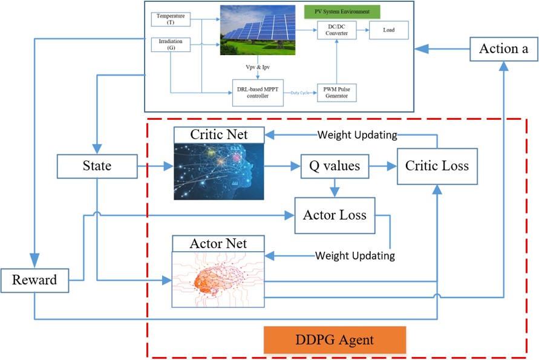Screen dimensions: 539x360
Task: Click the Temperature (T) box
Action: [x=171, y=19]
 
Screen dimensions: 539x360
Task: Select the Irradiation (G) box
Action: [x=171, y=45]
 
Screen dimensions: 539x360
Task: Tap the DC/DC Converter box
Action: [x=336, y=30]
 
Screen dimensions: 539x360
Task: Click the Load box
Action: [x=389, y=30]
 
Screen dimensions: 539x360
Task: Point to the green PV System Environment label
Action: [x=342, y=11]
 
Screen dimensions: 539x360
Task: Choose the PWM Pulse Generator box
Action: [x=336, y=93]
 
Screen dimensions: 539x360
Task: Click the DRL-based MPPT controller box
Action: [x=258, y=93]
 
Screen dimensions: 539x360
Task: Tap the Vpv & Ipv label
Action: [x=258, y=67]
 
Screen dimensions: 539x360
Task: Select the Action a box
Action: [x=504, y=49]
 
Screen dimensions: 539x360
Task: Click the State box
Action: [x=97, y=166]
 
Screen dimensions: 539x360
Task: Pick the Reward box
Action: [x=34, y=281]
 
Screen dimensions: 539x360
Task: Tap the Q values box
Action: [x=335, y=166]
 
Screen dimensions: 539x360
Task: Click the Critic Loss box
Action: [x=437, y=166]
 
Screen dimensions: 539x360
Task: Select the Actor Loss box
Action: [x=335, y=215]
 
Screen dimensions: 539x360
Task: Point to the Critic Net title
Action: [x=219, y=135]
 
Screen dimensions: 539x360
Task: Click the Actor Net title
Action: [x=218, y=244]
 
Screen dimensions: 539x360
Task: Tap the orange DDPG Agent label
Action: [x=335, y=340]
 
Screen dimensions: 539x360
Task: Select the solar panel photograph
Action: [x=258, y=30]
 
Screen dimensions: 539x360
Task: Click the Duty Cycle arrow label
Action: [x=300, y=93]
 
